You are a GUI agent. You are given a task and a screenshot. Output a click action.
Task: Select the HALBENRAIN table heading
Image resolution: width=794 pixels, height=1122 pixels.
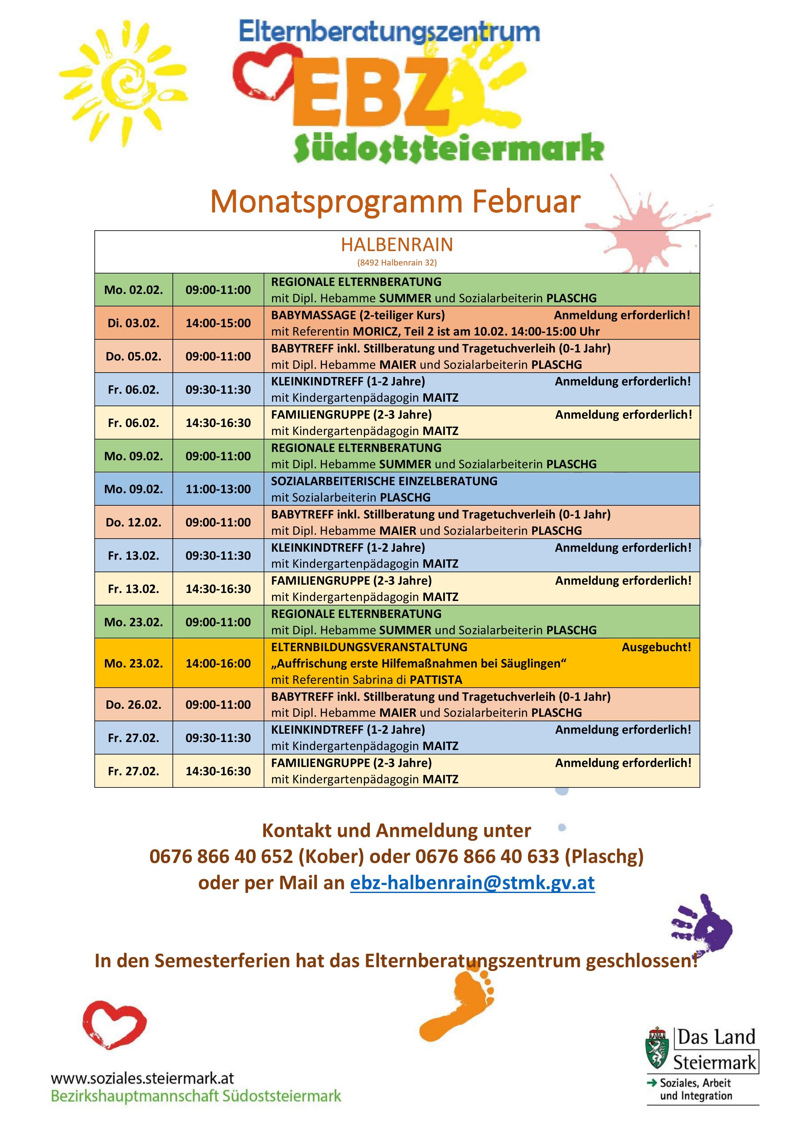click(397, 244)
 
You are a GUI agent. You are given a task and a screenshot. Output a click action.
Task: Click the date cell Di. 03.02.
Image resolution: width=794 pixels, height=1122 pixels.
click(133, 323)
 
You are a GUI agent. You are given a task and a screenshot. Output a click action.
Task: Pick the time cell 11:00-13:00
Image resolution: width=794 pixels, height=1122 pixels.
click(218, 489)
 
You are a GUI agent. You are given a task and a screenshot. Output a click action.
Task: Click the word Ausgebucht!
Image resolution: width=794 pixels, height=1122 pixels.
click(656, 647)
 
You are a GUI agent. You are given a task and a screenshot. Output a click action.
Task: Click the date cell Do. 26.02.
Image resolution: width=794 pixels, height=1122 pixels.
click(133, 705)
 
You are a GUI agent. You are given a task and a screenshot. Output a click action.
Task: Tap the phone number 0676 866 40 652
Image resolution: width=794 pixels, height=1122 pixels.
click(221, 857)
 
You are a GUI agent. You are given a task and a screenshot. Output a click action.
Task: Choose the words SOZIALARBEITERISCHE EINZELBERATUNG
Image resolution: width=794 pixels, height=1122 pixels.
click(384, 481)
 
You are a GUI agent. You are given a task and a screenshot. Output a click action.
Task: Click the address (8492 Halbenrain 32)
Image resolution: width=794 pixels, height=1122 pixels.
click(397, 262)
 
